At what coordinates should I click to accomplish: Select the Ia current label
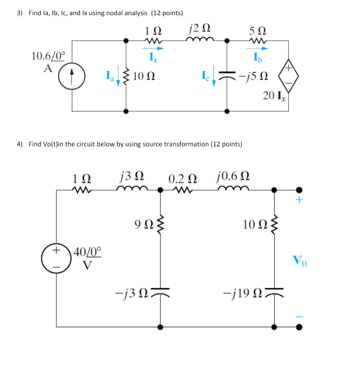(x=109, y=76)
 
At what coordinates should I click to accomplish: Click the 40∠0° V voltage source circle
(x=56, y=257)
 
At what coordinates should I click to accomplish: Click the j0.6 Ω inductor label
(x=233, y=177)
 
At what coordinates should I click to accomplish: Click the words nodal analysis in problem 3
(x=126, y=13)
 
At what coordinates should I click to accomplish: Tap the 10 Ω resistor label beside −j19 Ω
(x=252, y=225)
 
